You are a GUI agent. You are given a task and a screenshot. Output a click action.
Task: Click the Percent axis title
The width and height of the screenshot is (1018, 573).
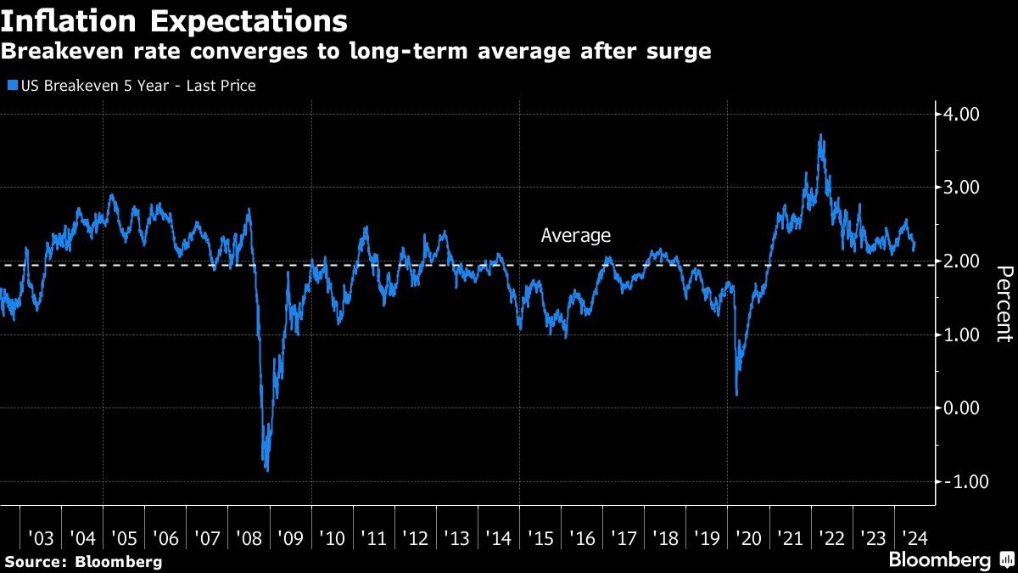pos(1003,304)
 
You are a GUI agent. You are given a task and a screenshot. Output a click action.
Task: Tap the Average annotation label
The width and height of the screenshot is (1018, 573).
pos(575,236)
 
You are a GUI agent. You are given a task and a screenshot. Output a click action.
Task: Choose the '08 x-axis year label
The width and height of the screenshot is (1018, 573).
pos(249,538)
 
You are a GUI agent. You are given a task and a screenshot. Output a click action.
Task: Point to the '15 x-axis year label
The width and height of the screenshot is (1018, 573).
pos(540,538)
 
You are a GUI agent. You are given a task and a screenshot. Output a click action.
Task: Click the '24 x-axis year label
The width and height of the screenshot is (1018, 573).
pos(913,538)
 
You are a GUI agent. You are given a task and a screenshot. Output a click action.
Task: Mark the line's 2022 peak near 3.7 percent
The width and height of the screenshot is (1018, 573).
pos(820,135)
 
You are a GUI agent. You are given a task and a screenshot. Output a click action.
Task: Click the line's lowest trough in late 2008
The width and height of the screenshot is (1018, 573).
pos(267,470)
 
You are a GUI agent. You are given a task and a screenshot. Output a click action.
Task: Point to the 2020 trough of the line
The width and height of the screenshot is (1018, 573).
pos(736,394)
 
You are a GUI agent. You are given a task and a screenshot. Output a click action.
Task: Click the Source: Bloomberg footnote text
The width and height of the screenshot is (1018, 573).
pos(82,562)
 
